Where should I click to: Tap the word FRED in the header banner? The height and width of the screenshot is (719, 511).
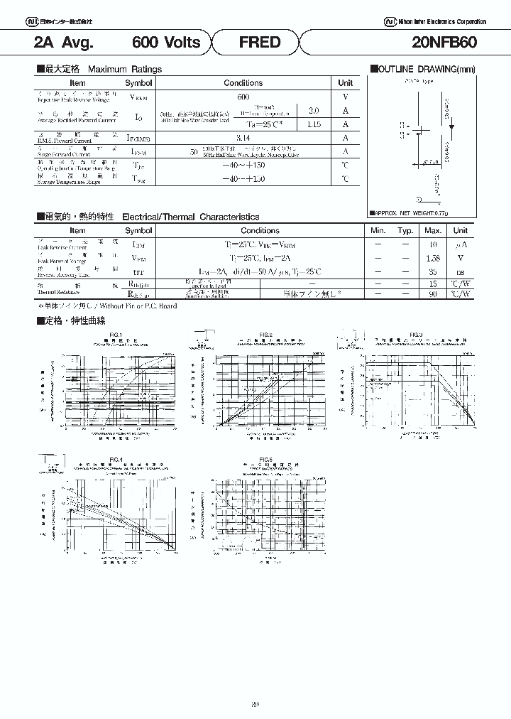point(260,43)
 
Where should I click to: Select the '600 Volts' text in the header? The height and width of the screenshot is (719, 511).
point(167,43)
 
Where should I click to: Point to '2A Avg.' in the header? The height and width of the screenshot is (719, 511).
point(64,43)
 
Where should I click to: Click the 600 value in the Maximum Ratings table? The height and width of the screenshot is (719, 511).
point(243,96)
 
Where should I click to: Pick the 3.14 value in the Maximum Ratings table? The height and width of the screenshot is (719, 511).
point(243,138)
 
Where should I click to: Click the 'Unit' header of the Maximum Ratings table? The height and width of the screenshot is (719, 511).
point(345,83)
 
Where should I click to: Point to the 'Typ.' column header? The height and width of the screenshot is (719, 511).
point(405,230)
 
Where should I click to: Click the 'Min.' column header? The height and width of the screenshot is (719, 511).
point(378,230)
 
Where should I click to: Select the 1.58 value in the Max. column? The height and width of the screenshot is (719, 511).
point(433,258)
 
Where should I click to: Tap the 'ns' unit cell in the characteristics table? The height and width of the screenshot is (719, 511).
point(461,271)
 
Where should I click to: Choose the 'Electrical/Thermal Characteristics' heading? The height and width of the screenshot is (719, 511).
point(191,217)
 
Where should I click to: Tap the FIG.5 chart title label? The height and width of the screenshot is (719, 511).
point(266,459)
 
